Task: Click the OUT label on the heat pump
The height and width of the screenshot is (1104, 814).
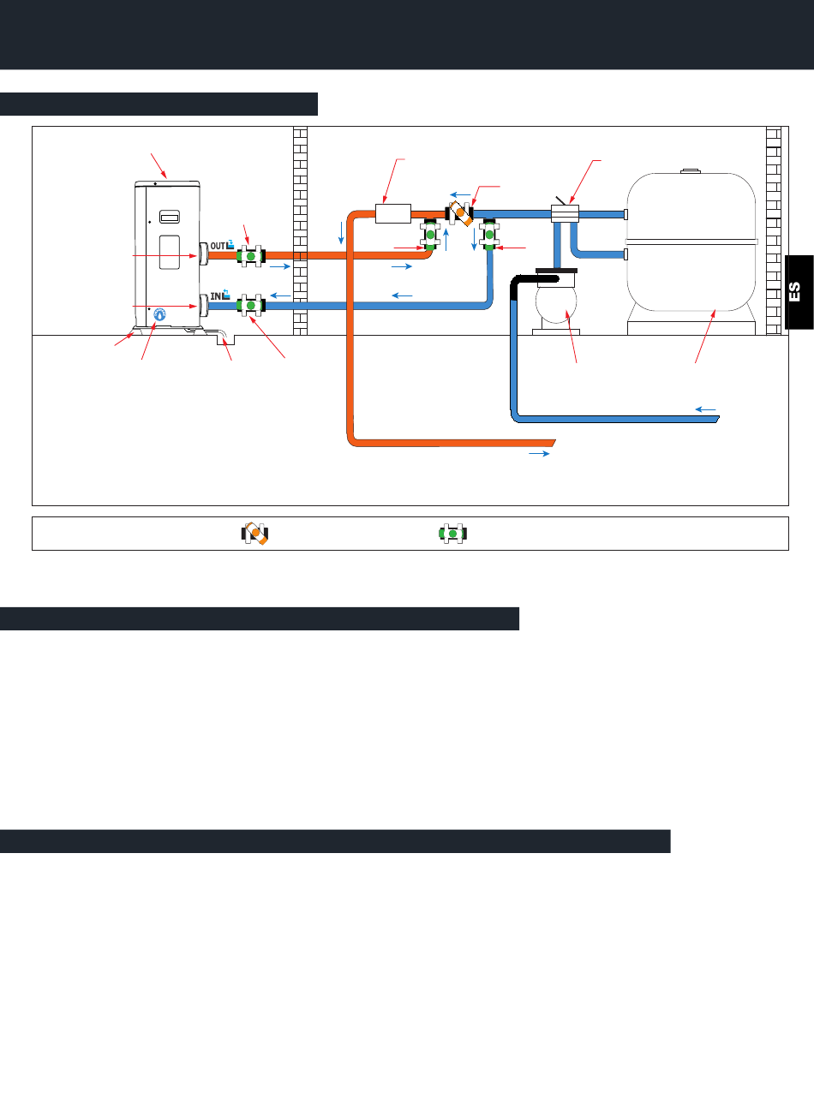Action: point(218,247)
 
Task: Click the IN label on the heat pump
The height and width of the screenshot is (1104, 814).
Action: point(216,297)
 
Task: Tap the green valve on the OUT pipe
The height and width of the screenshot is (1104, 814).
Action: point(250,255)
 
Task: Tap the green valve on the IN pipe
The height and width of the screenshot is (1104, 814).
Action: point(250,305)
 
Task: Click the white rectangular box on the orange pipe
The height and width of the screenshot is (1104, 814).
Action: point(393,212)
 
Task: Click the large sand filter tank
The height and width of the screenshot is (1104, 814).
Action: point(691,244)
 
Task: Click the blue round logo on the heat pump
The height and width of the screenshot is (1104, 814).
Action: point(159,314)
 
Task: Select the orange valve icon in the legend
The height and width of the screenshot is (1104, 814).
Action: point(255,534)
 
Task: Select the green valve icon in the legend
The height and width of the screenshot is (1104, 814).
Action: point(452,534)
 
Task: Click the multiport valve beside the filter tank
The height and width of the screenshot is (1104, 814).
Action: point(566,212)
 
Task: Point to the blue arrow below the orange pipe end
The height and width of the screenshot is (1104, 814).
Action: point(539,454)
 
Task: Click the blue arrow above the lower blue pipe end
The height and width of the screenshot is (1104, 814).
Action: point(705,409)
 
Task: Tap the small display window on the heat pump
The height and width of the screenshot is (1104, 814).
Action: point(170,216)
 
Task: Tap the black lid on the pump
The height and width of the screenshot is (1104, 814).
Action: point(557,271)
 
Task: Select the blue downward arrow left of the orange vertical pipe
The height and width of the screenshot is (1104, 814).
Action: point(342,231)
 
